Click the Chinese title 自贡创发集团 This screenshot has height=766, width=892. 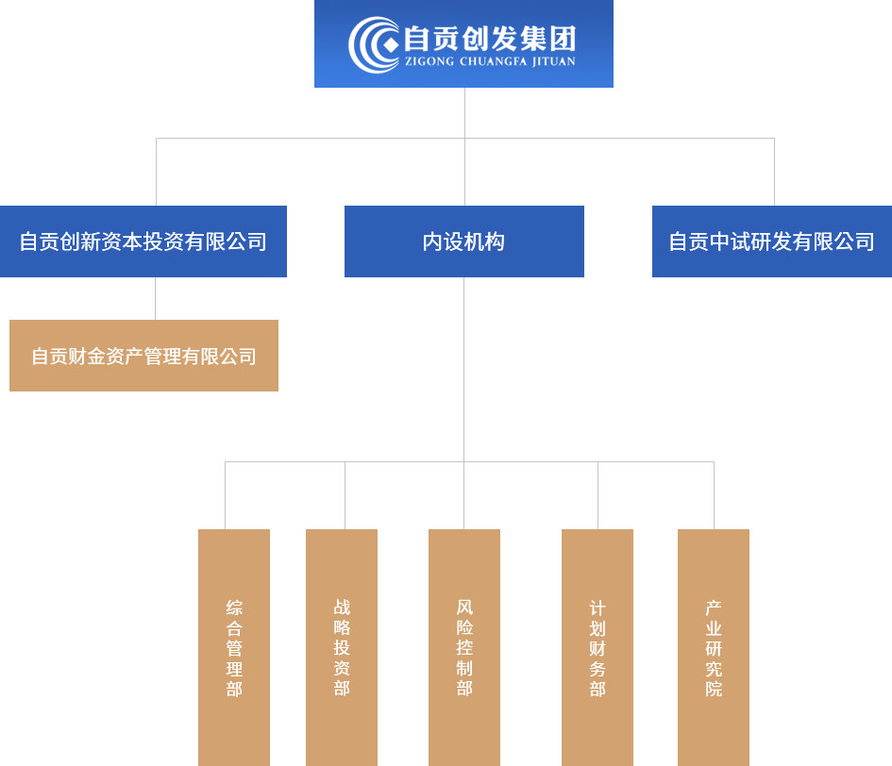coord(488,39)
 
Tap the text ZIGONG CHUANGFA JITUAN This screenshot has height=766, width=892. coord(488,62)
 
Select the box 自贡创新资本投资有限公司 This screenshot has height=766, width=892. coord(143,241)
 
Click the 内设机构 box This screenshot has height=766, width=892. coord(463,241)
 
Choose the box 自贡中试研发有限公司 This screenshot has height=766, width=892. coord(771,241)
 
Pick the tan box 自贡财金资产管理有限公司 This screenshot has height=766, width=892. coord(143,356)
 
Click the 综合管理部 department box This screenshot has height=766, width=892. coord(233,646)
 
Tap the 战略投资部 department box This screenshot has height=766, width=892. coord(341,646)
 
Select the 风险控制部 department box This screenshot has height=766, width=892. coord(463,646)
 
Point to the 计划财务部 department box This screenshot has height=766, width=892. coord(597,646)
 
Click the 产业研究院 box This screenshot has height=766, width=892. coord(713,646)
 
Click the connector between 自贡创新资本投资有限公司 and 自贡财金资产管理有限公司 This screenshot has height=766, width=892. coord(155,298)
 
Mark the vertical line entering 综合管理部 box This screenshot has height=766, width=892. coord(225,495)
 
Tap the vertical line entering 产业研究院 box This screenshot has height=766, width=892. coord(714,495)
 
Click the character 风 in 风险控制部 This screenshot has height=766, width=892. coord(463,607)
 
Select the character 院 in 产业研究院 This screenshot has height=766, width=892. coord(714,689)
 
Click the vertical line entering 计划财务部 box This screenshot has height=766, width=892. coord(597,495)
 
